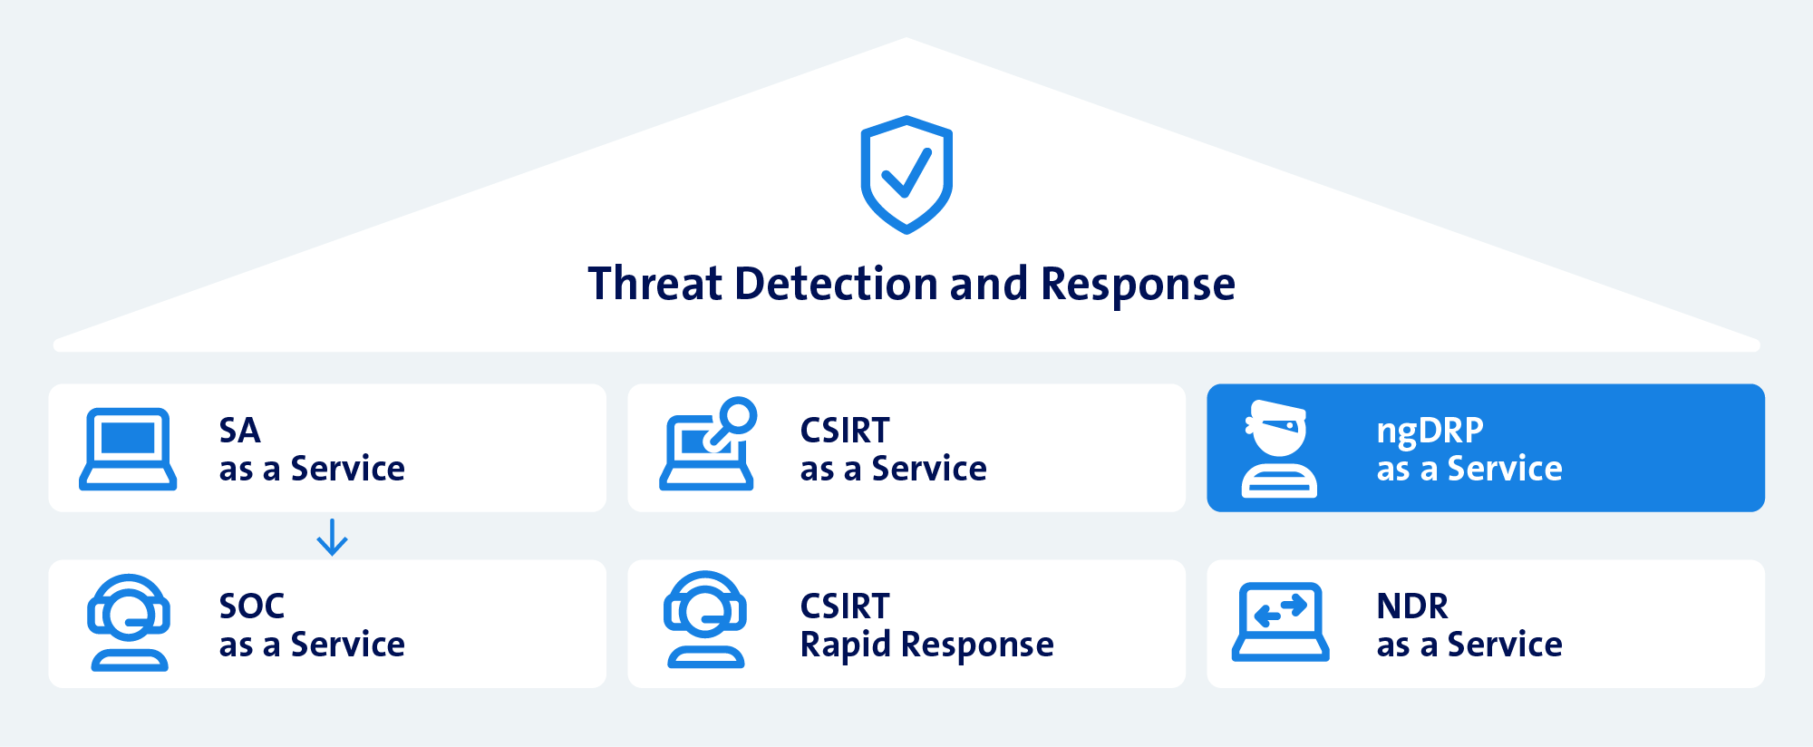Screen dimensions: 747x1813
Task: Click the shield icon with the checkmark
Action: [x=906, y=174]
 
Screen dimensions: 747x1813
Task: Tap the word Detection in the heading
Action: [x=837, y=284]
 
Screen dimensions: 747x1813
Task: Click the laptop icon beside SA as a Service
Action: [x=128, y=449]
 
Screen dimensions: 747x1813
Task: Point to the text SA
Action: [x=239, y=431]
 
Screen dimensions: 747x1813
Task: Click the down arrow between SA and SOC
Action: [x=332, y=537]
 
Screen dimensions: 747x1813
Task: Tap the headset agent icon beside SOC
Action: [x=129, y=623]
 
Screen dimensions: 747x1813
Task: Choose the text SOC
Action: [x=252, y=606]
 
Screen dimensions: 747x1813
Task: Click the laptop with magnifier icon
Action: [x=707, y=446]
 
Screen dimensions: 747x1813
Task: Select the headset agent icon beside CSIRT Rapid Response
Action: [x=705, y=621]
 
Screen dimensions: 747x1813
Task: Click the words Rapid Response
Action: [x=926, y=645]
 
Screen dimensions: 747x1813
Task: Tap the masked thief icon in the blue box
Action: [x=1278, y=449]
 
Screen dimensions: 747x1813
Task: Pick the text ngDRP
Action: [x=1430, y=431]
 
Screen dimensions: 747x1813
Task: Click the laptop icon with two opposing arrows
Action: [x=1280, y=622]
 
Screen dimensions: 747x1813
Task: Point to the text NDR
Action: [x=1411, y=606]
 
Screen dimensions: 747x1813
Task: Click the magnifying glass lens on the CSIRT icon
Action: [x=739, y=415]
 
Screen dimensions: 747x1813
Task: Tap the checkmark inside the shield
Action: [x=906, y=172]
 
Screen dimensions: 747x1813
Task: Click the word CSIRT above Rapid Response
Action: [x=845, y=606]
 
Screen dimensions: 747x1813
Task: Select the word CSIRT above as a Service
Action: [x=845, y=431]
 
